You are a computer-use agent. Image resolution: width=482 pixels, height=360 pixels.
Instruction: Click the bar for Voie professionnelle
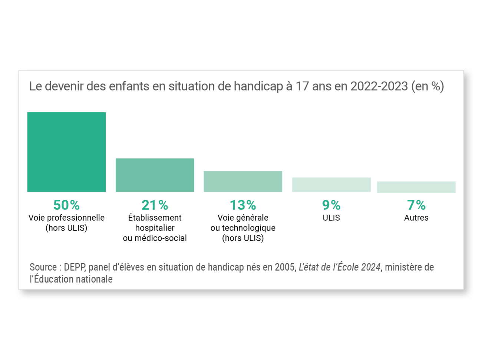pos(66,152)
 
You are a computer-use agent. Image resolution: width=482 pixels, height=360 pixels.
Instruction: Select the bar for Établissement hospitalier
pos(155,175)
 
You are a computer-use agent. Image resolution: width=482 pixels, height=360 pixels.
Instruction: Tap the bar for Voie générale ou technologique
pos(243,181)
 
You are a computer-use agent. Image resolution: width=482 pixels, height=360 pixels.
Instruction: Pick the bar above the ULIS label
pos(331,185)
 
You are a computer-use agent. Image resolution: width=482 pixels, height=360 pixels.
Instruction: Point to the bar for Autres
pos(416,187)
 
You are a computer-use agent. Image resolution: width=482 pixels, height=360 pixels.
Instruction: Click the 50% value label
pos(66,205)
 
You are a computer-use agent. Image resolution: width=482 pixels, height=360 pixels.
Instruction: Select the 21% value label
pos(155,205)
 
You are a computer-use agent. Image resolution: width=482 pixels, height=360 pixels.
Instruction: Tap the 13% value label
pos(243,205)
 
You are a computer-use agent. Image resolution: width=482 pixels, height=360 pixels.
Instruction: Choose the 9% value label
pos(331,205)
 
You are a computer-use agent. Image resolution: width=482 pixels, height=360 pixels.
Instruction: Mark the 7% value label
pos(416,205)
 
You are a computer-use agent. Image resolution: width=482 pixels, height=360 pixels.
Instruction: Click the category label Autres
pos(416,218)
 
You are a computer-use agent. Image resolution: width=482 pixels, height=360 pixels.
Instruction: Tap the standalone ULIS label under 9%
pos(331,218)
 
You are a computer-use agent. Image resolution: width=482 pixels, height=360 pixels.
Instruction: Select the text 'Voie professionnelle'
pos(66,218)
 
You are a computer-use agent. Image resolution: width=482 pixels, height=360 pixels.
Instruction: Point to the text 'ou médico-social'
pos(155,238)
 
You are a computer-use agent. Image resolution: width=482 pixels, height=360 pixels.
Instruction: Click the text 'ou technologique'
pos(243,228)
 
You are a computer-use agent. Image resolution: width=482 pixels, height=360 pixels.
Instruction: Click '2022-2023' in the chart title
pos(379,86)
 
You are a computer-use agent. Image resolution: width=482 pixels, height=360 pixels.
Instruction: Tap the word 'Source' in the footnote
pos(43,267)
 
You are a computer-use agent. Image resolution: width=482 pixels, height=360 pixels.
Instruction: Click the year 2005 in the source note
pos(284,267)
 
